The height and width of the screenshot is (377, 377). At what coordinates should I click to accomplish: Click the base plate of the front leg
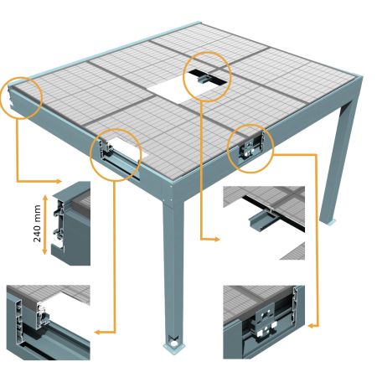174,343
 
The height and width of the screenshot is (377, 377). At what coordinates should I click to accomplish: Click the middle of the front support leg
174,268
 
